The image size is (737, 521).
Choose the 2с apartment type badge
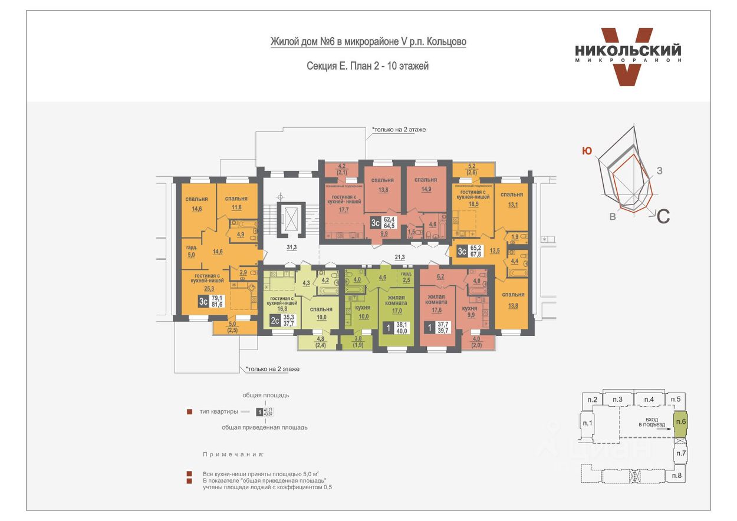[275, 321]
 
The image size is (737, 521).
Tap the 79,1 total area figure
[217, 298]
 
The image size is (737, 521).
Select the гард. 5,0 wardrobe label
[191, 252]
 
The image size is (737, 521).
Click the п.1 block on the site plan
[587, 423]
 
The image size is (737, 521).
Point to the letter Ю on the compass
[587, 151]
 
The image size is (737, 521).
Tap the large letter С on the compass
[663, 216]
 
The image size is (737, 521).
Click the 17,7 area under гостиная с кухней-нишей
[344, 209]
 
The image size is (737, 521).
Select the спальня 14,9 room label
[425, 184]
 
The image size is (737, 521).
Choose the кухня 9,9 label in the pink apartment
[469, 312]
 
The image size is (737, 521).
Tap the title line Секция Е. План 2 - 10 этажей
[368, 67]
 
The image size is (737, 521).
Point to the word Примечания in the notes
[233, 455]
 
